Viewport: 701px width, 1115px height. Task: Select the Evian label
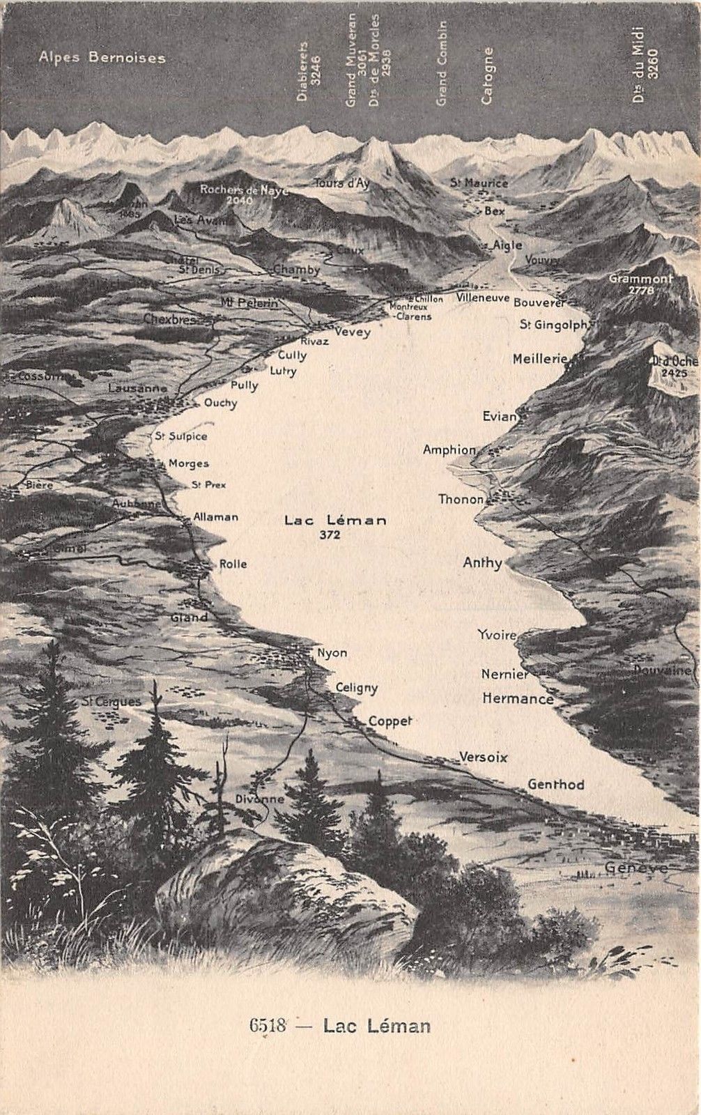click(x=500, y=417)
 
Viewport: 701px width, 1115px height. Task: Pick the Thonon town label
click(x=461, y=499)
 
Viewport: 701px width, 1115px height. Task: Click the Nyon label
click(x=332, y=653)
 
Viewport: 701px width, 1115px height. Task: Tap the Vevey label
click(x=352, y=332)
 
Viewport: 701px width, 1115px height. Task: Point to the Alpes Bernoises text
click(x=102, y=57)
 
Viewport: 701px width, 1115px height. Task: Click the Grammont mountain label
click(x=640, y=279)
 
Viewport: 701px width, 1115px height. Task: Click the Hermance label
click(x=517, y=698)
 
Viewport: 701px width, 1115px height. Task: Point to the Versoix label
click(x=483, y=757)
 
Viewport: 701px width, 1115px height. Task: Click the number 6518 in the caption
click(x=268, y=1025)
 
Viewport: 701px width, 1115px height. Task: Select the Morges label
click(x=188, y=463)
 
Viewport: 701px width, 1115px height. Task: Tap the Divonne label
click(x=259, y=799)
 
